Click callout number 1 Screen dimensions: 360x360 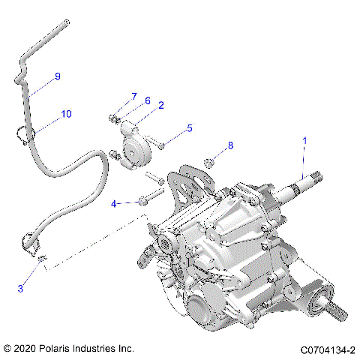tap(304, 140)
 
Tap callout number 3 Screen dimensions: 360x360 tap(20, 288)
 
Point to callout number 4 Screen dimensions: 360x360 tap(114, 203)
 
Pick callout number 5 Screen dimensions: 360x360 tap(189, 128)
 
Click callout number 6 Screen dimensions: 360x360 tap(147, 100)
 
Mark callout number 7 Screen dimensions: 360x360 tap(134, 96)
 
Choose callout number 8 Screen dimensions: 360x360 tap(231, 145)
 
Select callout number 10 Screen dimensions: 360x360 tap(66, 114)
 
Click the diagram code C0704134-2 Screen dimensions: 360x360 tap(327, 349)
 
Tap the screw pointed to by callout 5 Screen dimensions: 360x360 tap(160, 143)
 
